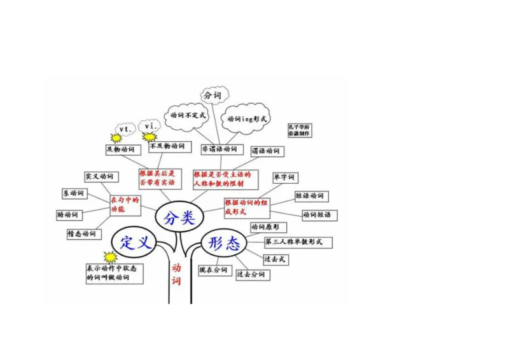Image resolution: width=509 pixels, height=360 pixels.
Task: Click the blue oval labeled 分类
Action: click(x=178, y=218)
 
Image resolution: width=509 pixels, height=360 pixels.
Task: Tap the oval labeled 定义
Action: click(x=134, y=242)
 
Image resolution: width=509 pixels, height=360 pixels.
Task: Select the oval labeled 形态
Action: click(x=223, y=242)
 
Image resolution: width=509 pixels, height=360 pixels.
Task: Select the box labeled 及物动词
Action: click(x=121, y=149)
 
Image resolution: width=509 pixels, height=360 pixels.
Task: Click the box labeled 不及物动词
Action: click(x=167, y=146)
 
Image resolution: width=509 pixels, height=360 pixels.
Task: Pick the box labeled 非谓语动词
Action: click(x=219, y=149)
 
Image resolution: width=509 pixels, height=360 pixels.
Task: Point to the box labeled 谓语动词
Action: click(x=266, y=151)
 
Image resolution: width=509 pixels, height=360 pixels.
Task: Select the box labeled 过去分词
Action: click(x=251, y=275)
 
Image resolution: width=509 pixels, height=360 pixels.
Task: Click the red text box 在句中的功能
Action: click(x=125, y=205)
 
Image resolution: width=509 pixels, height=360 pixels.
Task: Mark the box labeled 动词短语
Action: click(x=316, y=215)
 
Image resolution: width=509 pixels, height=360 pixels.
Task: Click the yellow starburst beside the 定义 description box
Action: click(x=111, y=257)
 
